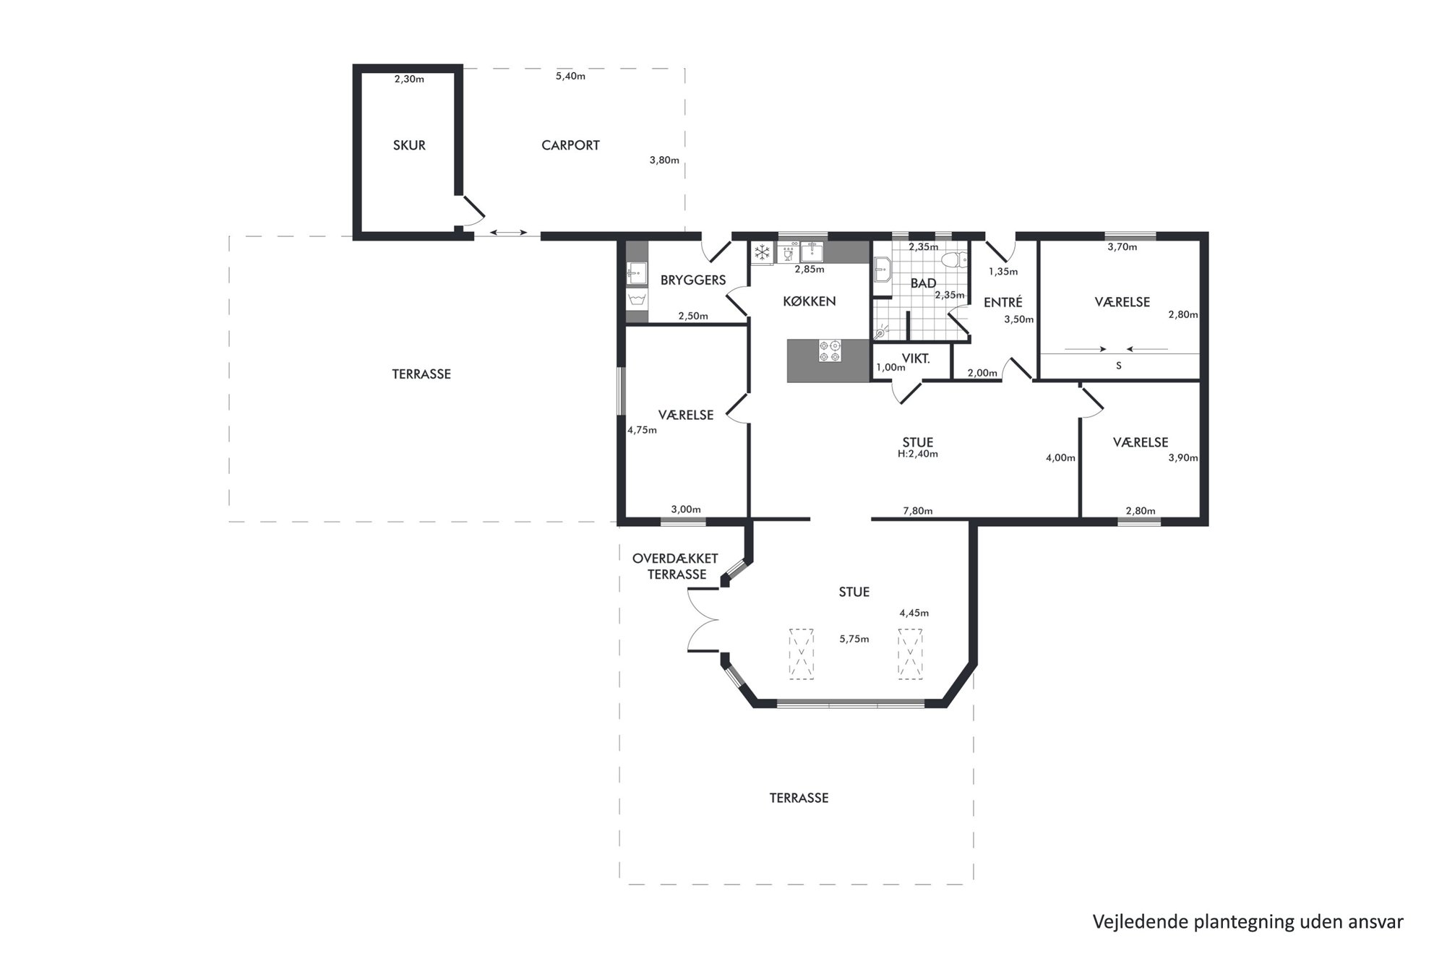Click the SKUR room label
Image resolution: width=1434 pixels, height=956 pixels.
point(409,145)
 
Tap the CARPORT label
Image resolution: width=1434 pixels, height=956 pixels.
point(570,145)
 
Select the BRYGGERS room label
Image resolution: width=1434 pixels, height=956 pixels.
point(693,280)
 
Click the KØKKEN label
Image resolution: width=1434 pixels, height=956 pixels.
point(810,301)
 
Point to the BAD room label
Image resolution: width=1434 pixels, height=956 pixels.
point(923,283)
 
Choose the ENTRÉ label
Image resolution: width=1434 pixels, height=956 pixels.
point(1003,302)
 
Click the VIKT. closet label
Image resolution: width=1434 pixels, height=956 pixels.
point(916,358)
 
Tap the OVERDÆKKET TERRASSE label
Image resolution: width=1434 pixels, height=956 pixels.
point(676,567)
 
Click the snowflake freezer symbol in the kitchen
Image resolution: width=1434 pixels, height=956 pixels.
point(762,253)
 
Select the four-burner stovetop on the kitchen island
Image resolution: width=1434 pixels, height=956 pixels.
point(830,351)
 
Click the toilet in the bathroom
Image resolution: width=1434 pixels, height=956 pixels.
point(956,260)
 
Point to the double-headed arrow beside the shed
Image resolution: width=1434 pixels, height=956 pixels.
point(509,232)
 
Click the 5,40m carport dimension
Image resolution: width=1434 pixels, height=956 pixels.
point(570,76)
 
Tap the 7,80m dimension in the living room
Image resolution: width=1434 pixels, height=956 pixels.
point(918,511)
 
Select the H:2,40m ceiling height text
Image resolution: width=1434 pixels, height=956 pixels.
point(918,455)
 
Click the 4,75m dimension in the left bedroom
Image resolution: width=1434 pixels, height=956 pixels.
point(642,430)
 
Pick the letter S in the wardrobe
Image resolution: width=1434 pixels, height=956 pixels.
point(1119,366)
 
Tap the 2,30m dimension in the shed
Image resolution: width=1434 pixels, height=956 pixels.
point(409,79)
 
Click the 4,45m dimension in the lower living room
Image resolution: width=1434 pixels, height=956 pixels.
point(914,613)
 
